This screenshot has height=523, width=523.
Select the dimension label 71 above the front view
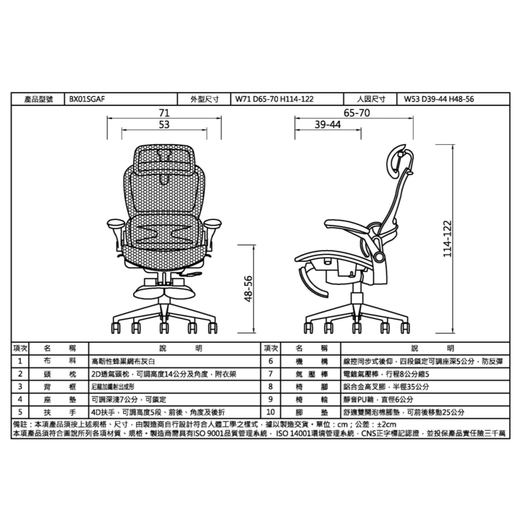pos(164,112)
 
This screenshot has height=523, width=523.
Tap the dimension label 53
pos(164,124)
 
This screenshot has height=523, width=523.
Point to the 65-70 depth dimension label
pos(357,112)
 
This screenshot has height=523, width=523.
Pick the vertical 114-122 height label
pos(447,238)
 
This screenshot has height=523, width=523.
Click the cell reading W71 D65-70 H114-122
pos(275,99)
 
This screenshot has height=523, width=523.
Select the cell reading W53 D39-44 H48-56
pos(439,99)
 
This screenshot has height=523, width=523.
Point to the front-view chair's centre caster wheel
pos(164,327)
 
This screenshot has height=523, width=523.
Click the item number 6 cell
pos(270,361)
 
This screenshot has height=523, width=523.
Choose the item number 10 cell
pos(270,412)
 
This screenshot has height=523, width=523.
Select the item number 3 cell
pos(19,386)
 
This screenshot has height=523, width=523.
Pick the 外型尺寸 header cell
pos(204,99)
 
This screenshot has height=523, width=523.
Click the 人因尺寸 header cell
pos(371,99)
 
